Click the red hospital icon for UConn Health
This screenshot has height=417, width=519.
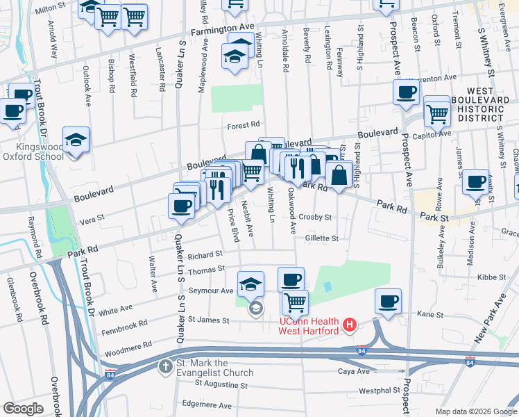(350, 325)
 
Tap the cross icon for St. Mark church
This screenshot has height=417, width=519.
(165, 366)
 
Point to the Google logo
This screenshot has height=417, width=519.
(24, 408)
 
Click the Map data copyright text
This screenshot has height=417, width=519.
(475, 411)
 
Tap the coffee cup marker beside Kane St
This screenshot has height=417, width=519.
(388, 302)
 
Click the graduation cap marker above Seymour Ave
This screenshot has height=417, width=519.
(250, 283)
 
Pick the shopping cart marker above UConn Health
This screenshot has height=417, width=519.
(295, 302)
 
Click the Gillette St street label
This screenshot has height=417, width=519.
(321, 238)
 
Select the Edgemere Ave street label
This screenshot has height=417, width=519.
(204, 403)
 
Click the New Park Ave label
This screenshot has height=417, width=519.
(488, 320)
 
